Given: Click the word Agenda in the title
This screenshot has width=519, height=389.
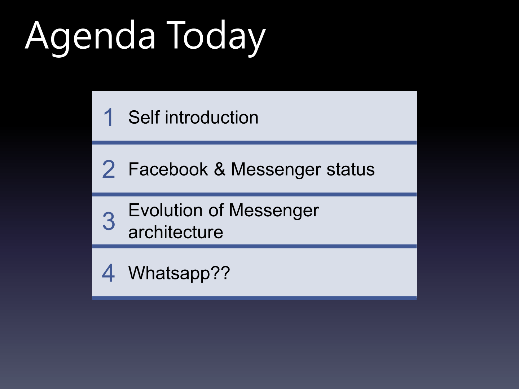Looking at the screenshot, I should [x=91, y=36].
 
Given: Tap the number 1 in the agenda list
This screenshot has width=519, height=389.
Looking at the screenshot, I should [x=109, y=118].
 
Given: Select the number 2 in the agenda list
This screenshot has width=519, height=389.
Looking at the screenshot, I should [x=109, y=169].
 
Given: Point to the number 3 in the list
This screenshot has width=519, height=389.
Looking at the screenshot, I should [x=109, y=221].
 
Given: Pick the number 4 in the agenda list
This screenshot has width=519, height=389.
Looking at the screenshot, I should [x=109, y=273].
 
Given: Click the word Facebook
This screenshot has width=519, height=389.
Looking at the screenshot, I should [x=168, y=169].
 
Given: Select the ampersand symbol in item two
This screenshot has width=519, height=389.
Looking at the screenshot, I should [x=220, y=169].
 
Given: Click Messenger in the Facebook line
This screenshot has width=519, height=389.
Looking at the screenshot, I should [x=276, y=169].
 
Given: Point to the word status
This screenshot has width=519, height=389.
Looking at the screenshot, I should [x=351, y=169].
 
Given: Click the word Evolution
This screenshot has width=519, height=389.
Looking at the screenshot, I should [x=166, y=210].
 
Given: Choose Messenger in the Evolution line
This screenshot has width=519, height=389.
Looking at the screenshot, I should [x=274, y=210].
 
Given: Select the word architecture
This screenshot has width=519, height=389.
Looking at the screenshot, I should [x=176, y=232].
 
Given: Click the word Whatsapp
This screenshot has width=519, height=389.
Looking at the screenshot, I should [x=169, y=273].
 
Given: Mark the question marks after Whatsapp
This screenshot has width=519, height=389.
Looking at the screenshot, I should [x=220, y=273].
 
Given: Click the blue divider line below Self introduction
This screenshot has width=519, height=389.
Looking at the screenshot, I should [x=254, y=143].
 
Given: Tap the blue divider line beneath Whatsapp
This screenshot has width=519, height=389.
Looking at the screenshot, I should [x=254, y=298].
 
